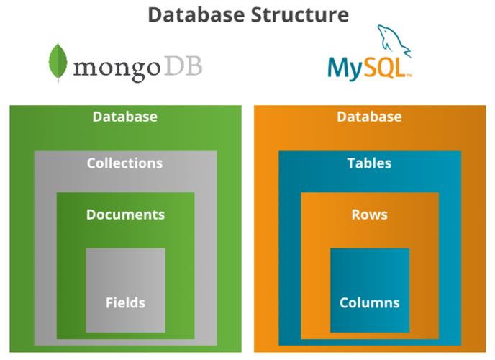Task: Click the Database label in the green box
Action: [124, 117]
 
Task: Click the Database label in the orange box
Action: [369, 117]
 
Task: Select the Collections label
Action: [124, 163]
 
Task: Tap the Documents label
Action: [125, 215]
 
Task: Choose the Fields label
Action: [125, 302]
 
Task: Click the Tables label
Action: [369, 163]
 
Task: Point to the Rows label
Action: [369, 215]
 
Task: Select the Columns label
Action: [369, 302]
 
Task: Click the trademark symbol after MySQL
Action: [409, 76]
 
